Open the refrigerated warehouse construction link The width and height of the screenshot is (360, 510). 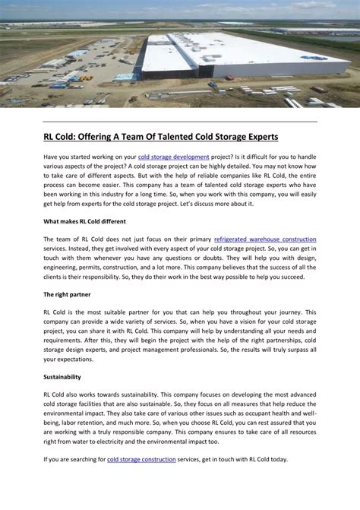(265, 239)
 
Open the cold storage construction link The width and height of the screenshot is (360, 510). (141, 459)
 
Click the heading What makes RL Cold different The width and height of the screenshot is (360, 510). (84, 221)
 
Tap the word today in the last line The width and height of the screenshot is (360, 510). (278, 459)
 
